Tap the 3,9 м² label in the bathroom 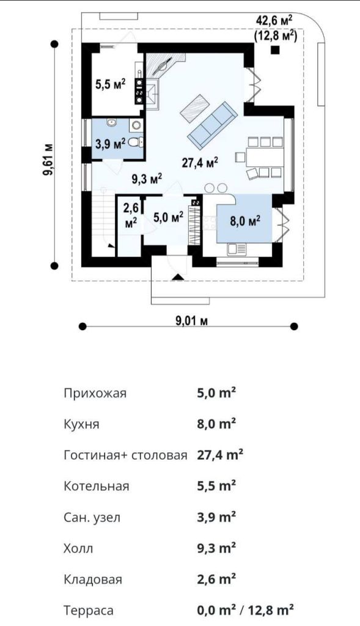111,142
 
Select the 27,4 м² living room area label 200,163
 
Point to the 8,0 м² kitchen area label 246,220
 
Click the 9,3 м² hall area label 147,179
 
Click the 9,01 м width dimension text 191,320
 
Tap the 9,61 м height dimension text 50,160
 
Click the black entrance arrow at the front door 178,277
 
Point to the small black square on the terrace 274,50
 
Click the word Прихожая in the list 95,393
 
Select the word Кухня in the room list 81,424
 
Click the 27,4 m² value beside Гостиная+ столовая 220,455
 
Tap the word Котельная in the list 96,486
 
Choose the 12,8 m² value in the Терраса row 271,611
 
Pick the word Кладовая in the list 93,580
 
